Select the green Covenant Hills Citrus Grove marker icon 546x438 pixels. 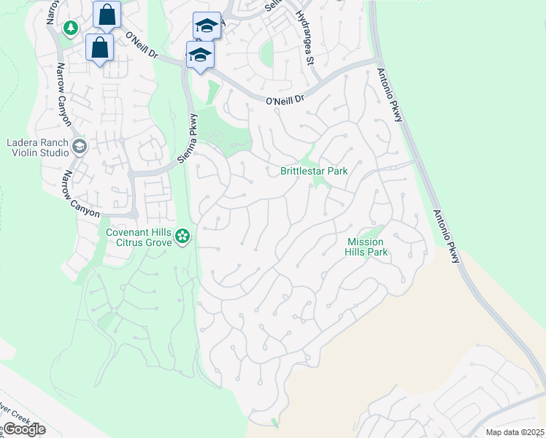pos(182,236)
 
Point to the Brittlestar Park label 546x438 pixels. pos(314,172)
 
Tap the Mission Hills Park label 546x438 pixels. pos(366,247)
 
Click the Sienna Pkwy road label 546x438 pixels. pos(188,139)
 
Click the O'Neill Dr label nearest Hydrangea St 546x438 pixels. pos(284,100)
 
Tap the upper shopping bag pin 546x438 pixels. pos(107,14)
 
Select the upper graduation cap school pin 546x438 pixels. pos(207,26)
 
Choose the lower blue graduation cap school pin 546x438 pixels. pos(200,55)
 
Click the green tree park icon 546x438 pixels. pos(71,28)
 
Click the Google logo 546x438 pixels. pos(23,429)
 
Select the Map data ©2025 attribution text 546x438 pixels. pos(514,432)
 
